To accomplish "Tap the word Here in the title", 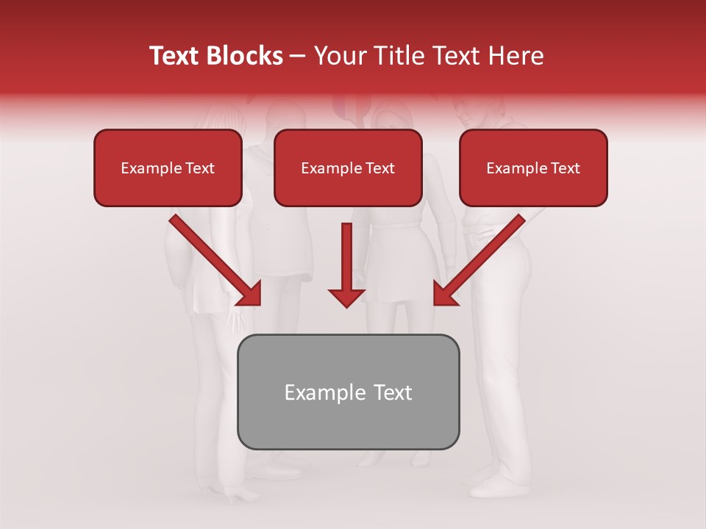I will (514, 56).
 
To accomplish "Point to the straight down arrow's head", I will (346, 297).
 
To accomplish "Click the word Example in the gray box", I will (315, 392).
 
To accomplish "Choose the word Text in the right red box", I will (565, 168).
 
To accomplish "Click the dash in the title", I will (299, 57).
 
